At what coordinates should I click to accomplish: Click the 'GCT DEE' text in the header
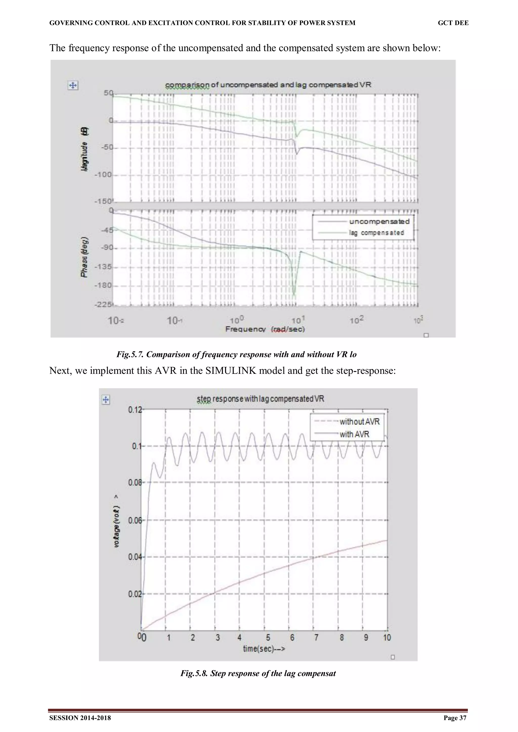[x=453, y=23]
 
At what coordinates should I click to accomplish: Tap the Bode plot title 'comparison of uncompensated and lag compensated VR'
[x=268, y=85]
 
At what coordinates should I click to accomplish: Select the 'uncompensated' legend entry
[x=379, y=221]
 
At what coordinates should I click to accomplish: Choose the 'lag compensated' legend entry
[x=376, y=233]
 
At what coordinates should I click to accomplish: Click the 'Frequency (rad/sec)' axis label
[x=265, y=329]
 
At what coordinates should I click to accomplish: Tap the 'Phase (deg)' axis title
[x=84, y=257]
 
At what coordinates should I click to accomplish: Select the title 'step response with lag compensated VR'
[x=261, y=399]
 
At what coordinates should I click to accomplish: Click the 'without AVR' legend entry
[x=359, y=422]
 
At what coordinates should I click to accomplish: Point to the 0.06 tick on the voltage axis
[x=135, y=521]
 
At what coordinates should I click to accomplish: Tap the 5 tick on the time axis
[x=268, y=637]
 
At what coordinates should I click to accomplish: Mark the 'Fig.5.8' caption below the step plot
[x=258, y=673]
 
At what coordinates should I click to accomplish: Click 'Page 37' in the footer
[x=455, y=718]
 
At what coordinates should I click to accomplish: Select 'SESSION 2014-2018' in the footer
[x=80, y=718]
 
